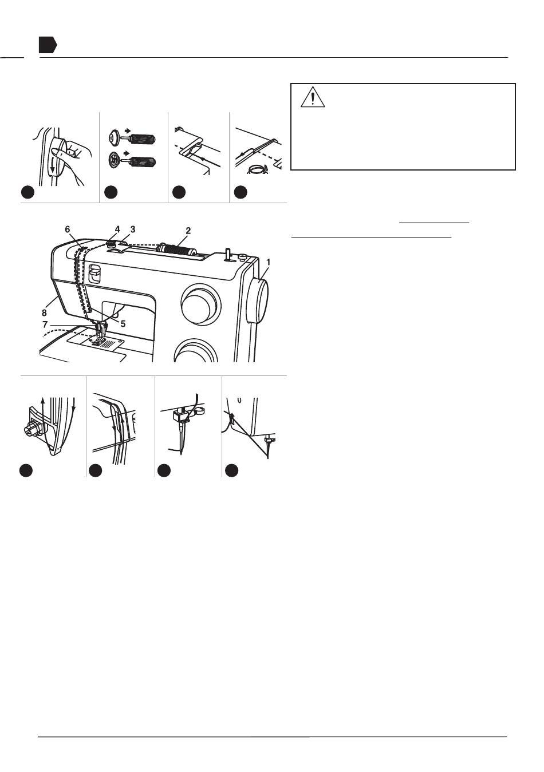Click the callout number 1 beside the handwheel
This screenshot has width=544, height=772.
pos(268,262)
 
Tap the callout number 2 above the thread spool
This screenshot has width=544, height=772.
pos(188,231)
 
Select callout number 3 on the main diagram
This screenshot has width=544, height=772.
pos(133,229)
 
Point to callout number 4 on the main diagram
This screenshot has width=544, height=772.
pos(117,229)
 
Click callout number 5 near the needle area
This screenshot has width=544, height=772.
pos(123,324)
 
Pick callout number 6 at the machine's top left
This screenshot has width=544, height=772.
pos(67,229)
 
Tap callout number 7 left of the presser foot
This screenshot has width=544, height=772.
pos(45,324)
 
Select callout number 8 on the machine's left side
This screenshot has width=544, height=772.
pos(44,312)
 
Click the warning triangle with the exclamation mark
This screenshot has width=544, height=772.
pos(313,97)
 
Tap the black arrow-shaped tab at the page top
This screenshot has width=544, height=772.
pos(48,45)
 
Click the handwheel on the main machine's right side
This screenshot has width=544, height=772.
pos(257,301)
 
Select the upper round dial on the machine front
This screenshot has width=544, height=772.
pos(199,304)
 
